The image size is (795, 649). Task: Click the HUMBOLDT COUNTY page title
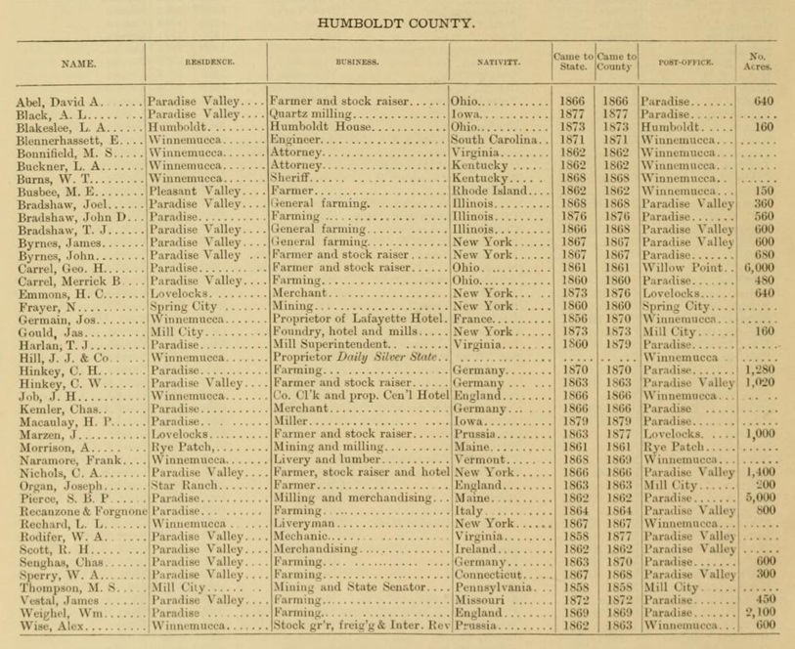(x=397, y=20)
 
